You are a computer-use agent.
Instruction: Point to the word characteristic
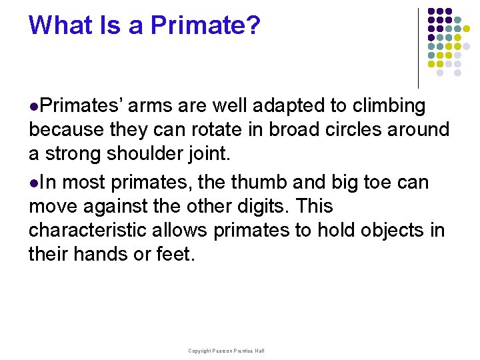(89, 231)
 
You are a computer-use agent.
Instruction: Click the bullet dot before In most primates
(33, 183)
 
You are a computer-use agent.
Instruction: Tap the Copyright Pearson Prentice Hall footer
(226, 351)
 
